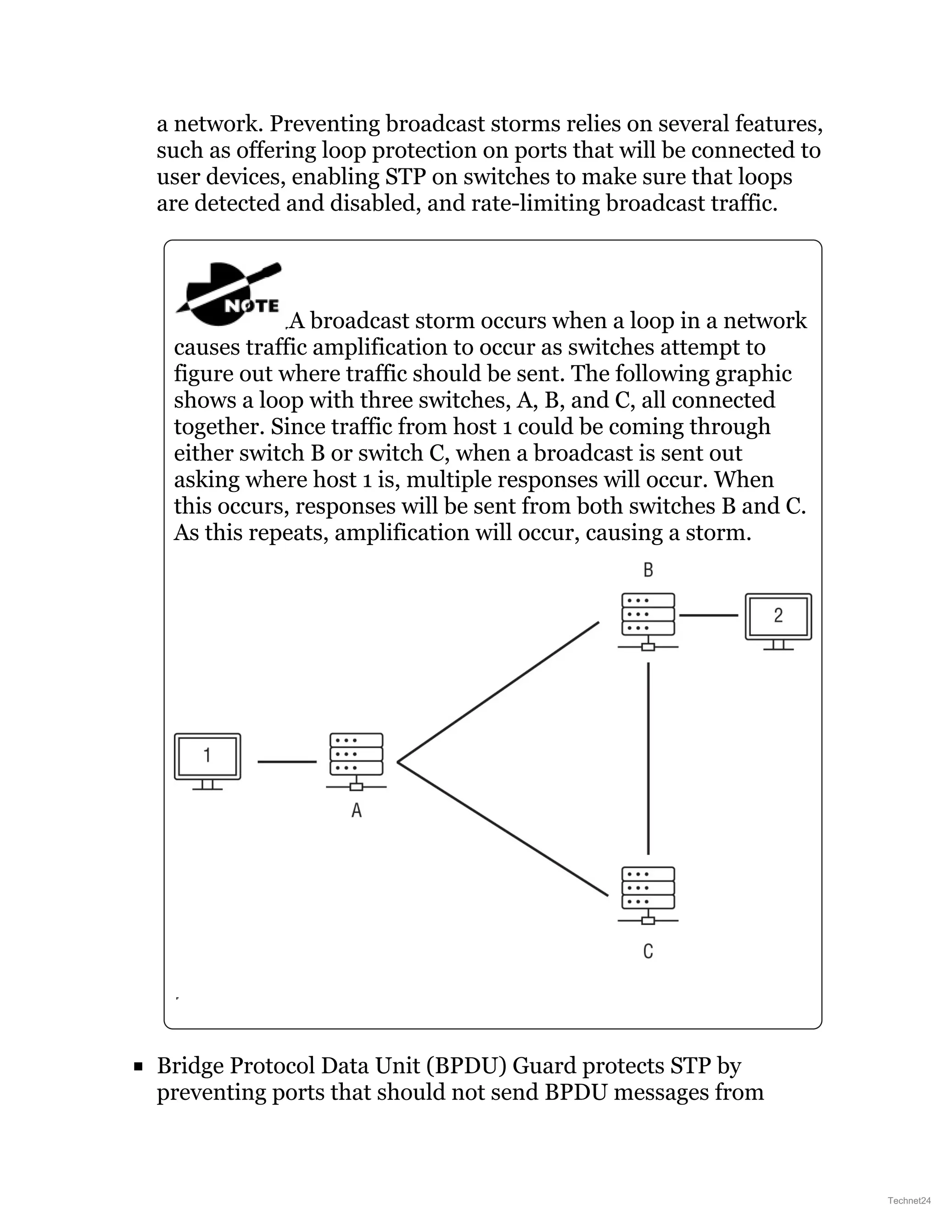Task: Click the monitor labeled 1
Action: tap(207, 760)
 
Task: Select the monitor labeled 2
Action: tap(778, 620)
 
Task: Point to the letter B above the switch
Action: tap(648, 570)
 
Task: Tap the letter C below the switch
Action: tap(648, 951)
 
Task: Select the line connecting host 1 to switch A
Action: tap(287, 761)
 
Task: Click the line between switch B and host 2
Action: tap(708, 615)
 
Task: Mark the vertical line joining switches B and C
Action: tap(649, 757)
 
